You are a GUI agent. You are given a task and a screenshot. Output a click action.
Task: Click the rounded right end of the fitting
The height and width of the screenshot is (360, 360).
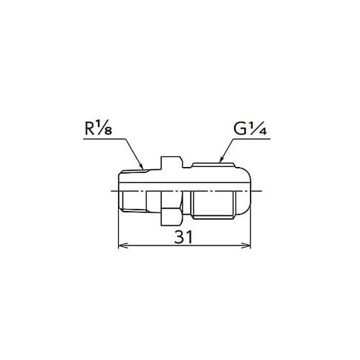point(249,190)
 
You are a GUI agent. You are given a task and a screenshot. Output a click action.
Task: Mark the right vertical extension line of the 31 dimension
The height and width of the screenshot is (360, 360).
point(251,230)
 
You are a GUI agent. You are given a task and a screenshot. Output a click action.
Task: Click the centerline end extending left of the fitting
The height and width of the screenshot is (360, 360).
point(109,191)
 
